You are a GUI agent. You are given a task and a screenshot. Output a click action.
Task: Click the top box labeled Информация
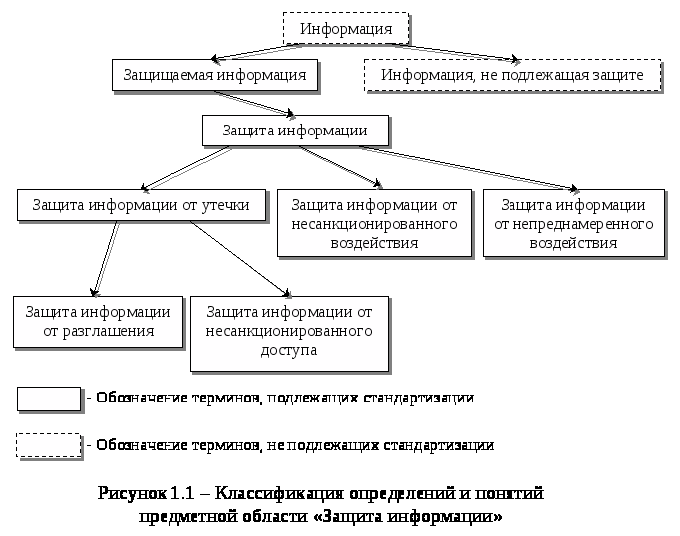click(x=346, y=28)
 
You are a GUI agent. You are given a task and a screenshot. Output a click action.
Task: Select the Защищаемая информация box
click(x=214, y=75)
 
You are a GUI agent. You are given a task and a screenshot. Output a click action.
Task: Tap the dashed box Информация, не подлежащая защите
click(x=511, y=75)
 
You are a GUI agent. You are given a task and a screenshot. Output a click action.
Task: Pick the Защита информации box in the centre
click(x=294, y=131)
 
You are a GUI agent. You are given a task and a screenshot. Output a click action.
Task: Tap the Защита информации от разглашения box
click(x=98, y=321)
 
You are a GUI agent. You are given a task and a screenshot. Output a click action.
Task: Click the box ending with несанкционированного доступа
click(x=289, y=330)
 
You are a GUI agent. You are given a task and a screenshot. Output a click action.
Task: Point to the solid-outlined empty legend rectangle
click(x=48, y=398)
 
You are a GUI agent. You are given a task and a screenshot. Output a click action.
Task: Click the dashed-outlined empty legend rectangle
click(x=48, y=444)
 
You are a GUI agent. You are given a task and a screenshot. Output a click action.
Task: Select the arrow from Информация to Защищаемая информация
click(x=259, y=52)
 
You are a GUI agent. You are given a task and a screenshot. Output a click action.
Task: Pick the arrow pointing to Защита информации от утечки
click(x=184, y=169)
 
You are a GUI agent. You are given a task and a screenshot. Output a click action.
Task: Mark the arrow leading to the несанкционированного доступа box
click(x=239, y=258)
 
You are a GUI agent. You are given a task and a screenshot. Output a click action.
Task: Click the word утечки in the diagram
click(x=239, y=205)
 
